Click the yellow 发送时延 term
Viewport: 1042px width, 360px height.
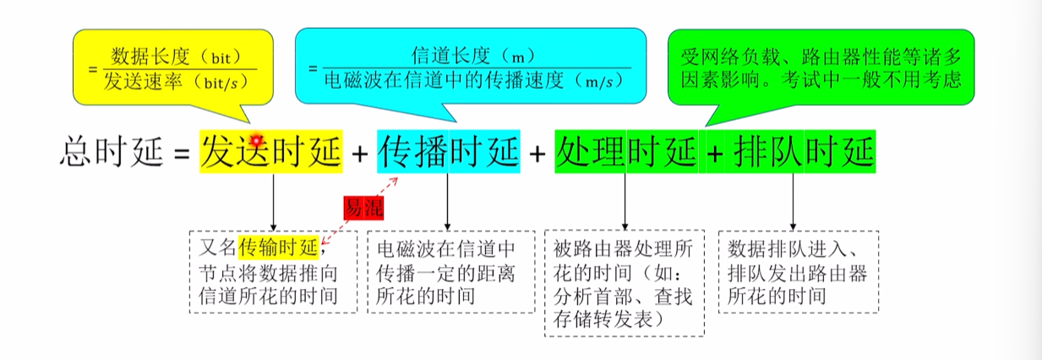tap(271, 151)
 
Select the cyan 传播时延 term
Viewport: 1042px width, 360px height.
tap(449, 151)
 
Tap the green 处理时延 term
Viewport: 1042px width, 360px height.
tap(626, 151)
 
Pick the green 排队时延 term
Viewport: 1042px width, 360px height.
tap(804, 151)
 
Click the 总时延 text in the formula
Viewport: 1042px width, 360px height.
tap(112, 151)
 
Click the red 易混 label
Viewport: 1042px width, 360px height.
tap(363, 207)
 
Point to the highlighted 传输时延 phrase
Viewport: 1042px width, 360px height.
tap(278, 248)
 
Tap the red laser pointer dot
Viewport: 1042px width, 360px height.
tap(256, 139)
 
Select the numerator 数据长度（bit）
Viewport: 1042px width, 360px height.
tap(176, 57)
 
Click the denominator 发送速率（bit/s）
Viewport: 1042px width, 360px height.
tap(176, 82)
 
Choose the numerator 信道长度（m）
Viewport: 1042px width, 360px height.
tap(472, 57)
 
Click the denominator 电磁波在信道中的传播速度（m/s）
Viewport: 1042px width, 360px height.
tap(474, 81)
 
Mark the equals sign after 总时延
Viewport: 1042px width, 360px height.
tap(182, 153)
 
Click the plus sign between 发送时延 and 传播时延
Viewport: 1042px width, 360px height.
tap(359, 153)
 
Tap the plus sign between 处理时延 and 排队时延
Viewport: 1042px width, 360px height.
tap(715, 153)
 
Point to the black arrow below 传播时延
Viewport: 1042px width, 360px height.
tap(448, 202)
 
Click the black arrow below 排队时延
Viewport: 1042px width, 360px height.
tap(794, 202)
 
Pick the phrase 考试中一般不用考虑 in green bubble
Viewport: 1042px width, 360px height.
tap(871, 80)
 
